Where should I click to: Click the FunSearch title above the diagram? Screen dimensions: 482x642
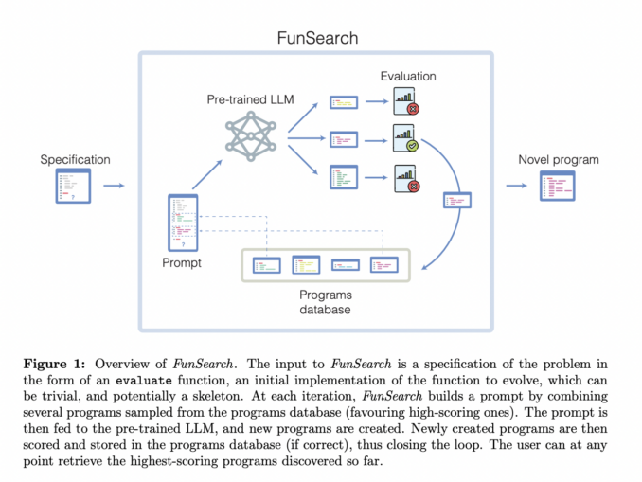tap(316, 38)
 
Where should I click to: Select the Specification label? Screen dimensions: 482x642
tap(75, 160)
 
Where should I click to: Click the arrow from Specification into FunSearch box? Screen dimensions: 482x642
tap(113, 186)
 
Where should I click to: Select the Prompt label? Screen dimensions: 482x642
tap(182, 262)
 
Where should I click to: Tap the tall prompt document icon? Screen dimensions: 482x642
tap(183, 223)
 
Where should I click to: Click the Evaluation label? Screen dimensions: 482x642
tap(409, 76)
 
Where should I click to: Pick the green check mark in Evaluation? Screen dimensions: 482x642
tap(412, 147)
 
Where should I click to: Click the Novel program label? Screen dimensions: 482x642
tap(559, 160)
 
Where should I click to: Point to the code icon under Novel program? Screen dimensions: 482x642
tap(558, 186)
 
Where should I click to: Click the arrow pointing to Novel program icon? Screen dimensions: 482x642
tap(518, 186)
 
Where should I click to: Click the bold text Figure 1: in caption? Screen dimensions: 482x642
tap(79, 363)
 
